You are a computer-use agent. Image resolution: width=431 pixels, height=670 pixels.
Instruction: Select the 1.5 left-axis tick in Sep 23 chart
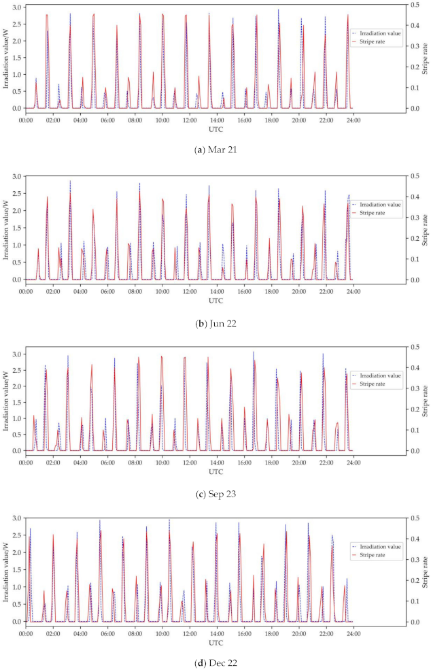(17, 399)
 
